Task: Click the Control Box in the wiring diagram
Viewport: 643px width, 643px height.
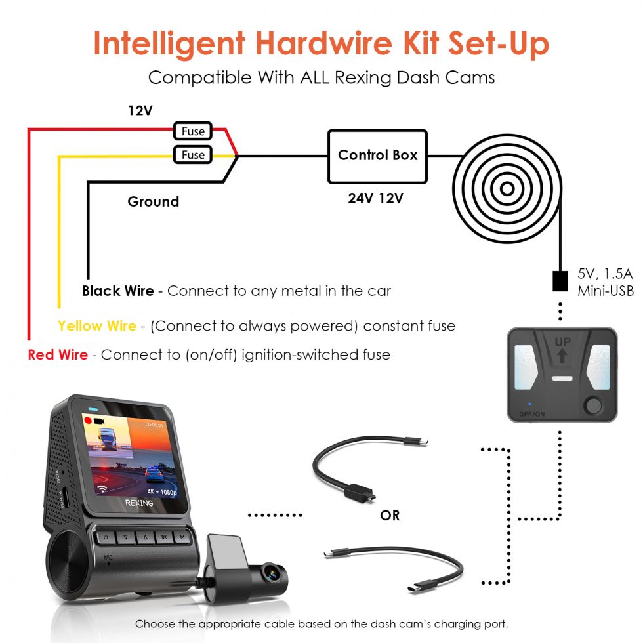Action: pos(377,156)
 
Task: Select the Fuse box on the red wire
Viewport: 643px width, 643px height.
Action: pos(193,131)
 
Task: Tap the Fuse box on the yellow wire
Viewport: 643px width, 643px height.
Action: pos(193,155)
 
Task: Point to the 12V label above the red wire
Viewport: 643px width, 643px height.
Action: pos(140,111)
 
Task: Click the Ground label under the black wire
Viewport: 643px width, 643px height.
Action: pos(154,202)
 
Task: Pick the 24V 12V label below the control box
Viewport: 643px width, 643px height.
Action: pos(375,198)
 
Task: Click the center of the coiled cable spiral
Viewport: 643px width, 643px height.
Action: pos(507,189)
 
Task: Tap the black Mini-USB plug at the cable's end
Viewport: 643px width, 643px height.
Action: pos(560,281)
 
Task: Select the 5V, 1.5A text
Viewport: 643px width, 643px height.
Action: pos(605,274)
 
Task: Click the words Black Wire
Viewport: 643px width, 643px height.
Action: pos(118,291)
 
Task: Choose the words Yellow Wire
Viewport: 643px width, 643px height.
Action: pos(97,326)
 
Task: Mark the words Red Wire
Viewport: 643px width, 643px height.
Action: pos(58,355)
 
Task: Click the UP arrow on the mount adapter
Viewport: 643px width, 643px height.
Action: pos(562,355)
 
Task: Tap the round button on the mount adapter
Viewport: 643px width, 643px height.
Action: pos(593,405)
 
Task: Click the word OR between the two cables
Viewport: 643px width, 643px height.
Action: pos(390,516)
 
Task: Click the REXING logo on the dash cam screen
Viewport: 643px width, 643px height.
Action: pos(139,503)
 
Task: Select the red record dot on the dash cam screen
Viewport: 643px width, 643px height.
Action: pos(87,421)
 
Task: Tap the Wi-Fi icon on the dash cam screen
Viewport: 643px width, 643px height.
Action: pos(102,488)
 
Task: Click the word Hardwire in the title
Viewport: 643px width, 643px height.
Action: pos(324,43)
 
